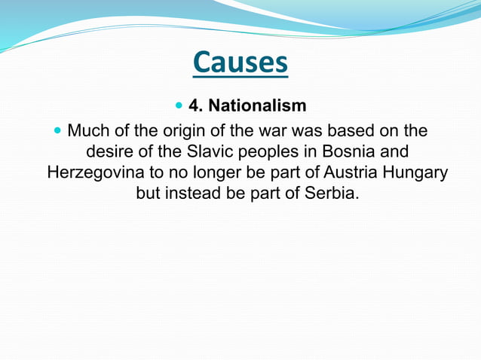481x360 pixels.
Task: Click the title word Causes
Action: tap(240, 63)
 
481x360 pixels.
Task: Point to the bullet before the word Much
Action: tap(58, 131)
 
